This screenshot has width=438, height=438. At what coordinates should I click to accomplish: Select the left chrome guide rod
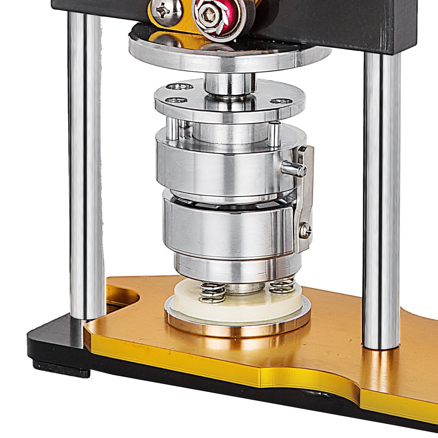coord(86,164)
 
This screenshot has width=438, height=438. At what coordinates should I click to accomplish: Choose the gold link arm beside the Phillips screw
coord(181,22)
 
